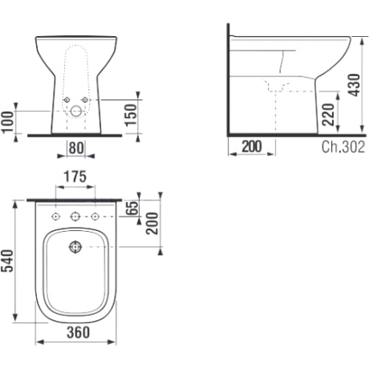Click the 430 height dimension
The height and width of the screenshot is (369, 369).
pyautogui.click(x=355, y=85)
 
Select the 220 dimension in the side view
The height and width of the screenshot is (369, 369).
pyautogui.click(x=329, y=115)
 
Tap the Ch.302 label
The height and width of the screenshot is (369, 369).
pyautogui.click(x=343, y=147)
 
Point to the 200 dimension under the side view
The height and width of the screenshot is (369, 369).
pyautogui.click(x=252, y=147)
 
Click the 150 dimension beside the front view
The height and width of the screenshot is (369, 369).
pyautogui.click(x=131, y=115)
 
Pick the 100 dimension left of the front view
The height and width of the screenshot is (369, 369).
pyautogui.click(x=7, y=122)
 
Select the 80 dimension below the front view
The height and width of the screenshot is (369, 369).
pyautogui.click(x=76, y=148)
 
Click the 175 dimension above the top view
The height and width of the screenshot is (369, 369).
pyautogui.click(x=75, y=176)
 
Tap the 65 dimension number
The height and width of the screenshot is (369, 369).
pyautogui.click(x=132, y=208)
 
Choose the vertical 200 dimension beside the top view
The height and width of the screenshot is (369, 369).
pyautogui.click(x=152, y=224)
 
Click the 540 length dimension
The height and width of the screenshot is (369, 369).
pyautogui.click(x=7, y=261)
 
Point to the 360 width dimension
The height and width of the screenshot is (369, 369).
pyautogui.click(x=78, y=332)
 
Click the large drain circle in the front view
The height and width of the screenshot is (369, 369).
pyautogui.click(x=76, y=112)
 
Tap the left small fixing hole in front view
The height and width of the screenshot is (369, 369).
pyautogui.click(x=67, y=100)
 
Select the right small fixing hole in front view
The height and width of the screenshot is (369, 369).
pyautogui.click(x=85, y=100)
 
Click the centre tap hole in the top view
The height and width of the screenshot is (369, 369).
pyautogui.click(x=75, y=217)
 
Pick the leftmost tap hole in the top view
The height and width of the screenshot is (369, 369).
pyautogui.click(x=55, y=217)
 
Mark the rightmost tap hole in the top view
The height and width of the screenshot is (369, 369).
pyautogui.click(x=95, y=217)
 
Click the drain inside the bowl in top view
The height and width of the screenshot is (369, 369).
pyautogui.click(x=75, y=247)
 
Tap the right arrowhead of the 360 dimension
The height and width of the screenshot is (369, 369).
pyautogui.click(x=112, y=342)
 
